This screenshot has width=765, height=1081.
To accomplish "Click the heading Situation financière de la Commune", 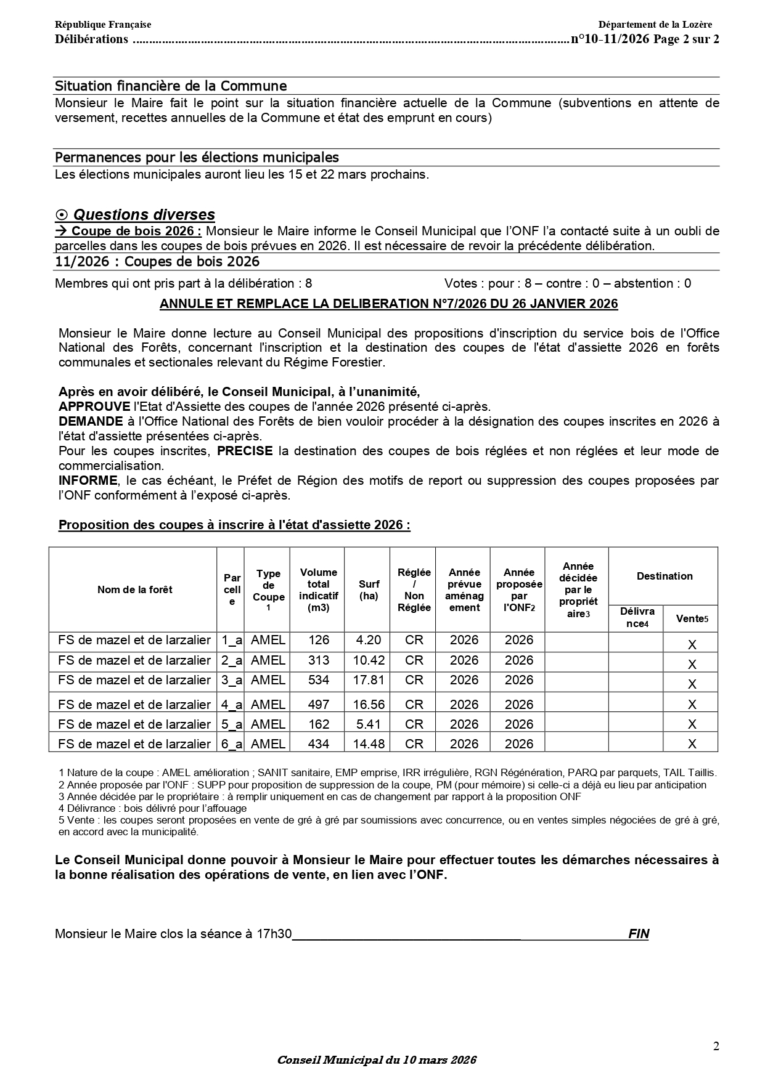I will tap(171, 86).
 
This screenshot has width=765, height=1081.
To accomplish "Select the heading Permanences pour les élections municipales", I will tap(197, 158).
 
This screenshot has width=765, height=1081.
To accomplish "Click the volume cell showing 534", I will tap(318, 680).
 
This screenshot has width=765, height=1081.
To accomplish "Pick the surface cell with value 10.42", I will tap(368, 660).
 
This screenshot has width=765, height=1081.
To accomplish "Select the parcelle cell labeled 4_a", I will tap(232, 705).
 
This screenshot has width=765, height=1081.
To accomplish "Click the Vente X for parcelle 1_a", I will tap(692, 645).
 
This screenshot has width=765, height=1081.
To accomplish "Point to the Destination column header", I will tap(664, 577).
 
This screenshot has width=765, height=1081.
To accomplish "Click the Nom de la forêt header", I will tap(134, 590).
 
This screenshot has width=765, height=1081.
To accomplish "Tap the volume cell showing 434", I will tap(318, 744).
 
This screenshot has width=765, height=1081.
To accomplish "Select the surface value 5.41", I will tap(368, 724).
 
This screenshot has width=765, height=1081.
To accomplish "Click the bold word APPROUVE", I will tap(94, 407).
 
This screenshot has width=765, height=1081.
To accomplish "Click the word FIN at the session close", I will tap(639, 934).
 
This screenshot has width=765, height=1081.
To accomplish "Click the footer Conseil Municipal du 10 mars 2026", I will tap(377, 1060).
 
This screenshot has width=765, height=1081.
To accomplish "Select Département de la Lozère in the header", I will tap(655, 25).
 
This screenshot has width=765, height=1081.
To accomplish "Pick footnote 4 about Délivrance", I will tap(152, 808).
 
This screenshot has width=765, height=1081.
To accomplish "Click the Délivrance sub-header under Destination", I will tap(637, 618).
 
